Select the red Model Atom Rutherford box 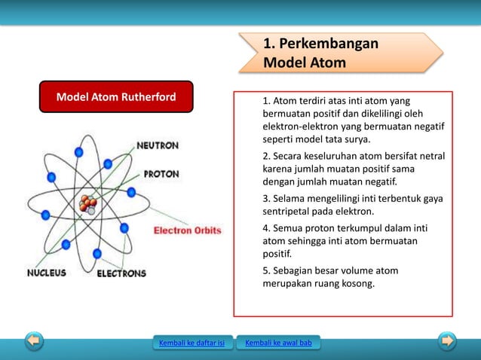[116, 97]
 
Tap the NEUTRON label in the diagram [157, 145]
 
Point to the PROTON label [161, 174]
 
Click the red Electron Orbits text [188, 230]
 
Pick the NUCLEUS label [47, 273]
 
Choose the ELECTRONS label [121, 273]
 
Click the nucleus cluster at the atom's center [88, 203]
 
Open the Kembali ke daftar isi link [191, 344]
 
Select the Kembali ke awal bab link [277, 344]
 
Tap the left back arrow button [33, 341]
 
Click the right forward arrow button [448, 341]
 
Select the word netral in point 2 [430, 156]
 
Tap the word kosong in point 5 [356, 284]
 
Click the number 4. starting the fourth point [266, 227]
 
